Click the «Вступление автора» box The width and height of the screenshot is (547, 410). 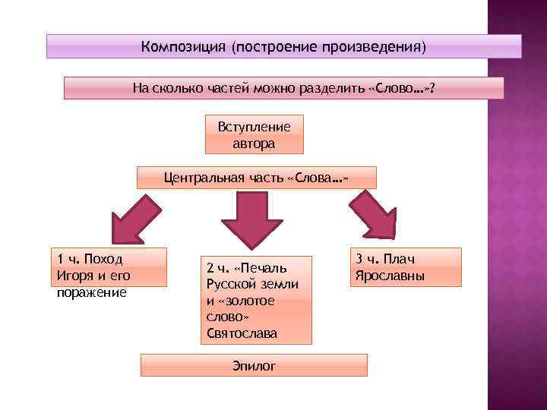click(x=255, y=134)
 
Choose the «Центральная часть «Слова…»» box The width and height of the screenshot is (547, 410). click(x=256, y=178)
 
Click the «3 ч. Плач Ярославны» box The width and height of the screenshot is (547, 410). click(x=406, y=267)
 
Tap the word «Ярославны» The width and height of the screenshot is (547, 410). click(x=389, y=276)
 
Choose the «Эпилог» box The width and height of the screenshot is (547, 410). click(x=255, y=365)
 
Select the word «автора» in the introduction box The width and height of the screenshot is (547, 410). click(x=255, y=143)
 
